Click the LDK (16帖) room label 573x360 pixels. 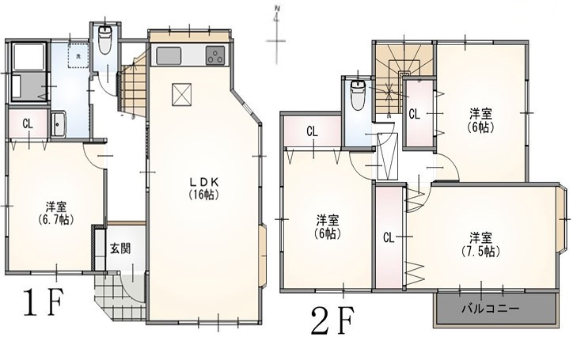(x=204, y=188)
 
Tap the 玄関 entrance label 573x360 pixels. (x=120, y=249)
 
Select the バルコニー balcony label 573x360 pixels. (x=491, y=309)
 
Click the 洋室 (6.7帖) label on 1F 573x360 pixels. (x=56, y=214)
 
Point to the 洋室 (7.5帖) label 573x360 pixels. (x=480, y=244)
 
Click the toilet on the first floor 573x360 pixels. (x=105, y=40)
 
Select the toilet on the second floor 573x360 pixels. (x=357, y=95)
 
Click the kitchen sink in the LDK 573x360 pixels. (x=169, y=56)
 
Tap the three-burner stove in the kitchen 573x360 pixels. (x=215, y=55)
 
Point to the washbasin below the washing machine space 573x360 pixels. (x=58, y=123)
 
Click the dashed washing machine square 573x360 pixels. (x=78, y=55)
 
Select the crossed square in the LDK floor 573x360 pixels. (x=181, y=94)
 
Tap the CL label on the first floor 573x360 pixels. (x=28, y=124)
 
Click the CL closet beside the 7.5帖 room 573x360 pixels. (x=389, y=237)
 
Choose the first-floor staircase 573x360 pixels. (x=134, y=86)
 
